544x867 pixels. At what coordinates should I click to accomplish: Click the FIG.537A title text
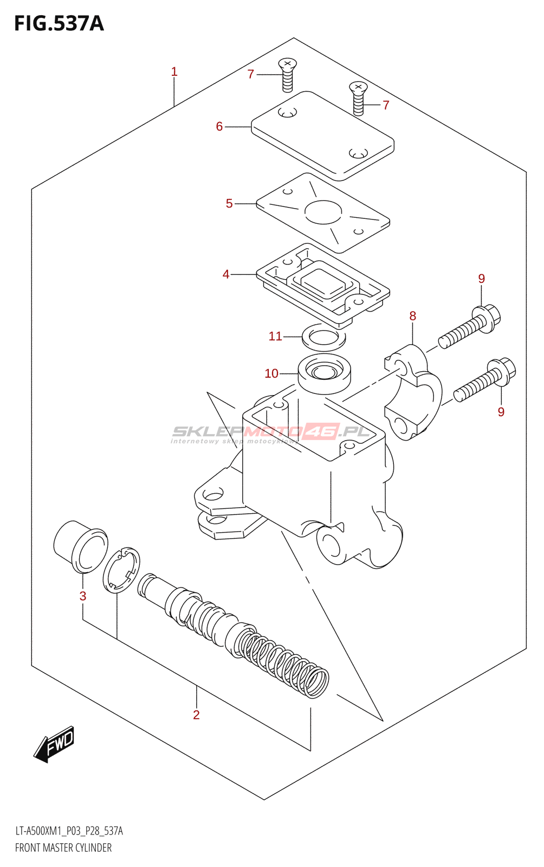59,24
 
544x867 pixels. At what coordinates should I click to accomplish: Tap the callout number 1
174,72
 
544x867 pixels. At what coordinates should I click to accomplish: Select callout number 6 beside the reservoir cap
219,127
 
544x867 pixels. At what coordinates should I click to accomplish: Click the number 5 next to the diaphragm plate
229,204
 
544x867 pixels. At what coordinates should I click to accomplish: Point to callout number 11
275,337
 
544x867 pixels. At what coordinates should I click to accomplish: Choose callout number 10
271,373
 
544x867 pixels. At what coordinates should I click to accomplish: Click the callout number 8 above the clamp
413,316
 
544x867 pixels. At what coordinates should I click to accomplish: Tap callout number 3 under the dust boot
83,596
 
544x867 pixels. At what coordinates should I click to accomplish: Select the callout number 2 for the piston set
196,715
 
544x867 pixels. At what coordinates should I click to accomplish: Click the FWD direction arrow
54,743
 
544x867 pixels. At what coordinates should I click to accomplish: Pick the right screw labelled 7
358,98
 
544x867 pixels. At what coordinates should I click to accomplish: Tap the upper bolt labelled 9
469,327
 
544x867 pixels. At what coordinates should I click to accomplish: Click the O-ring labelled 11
323,337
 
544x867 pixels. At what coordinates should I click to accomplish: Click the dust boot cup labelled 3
80,546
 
